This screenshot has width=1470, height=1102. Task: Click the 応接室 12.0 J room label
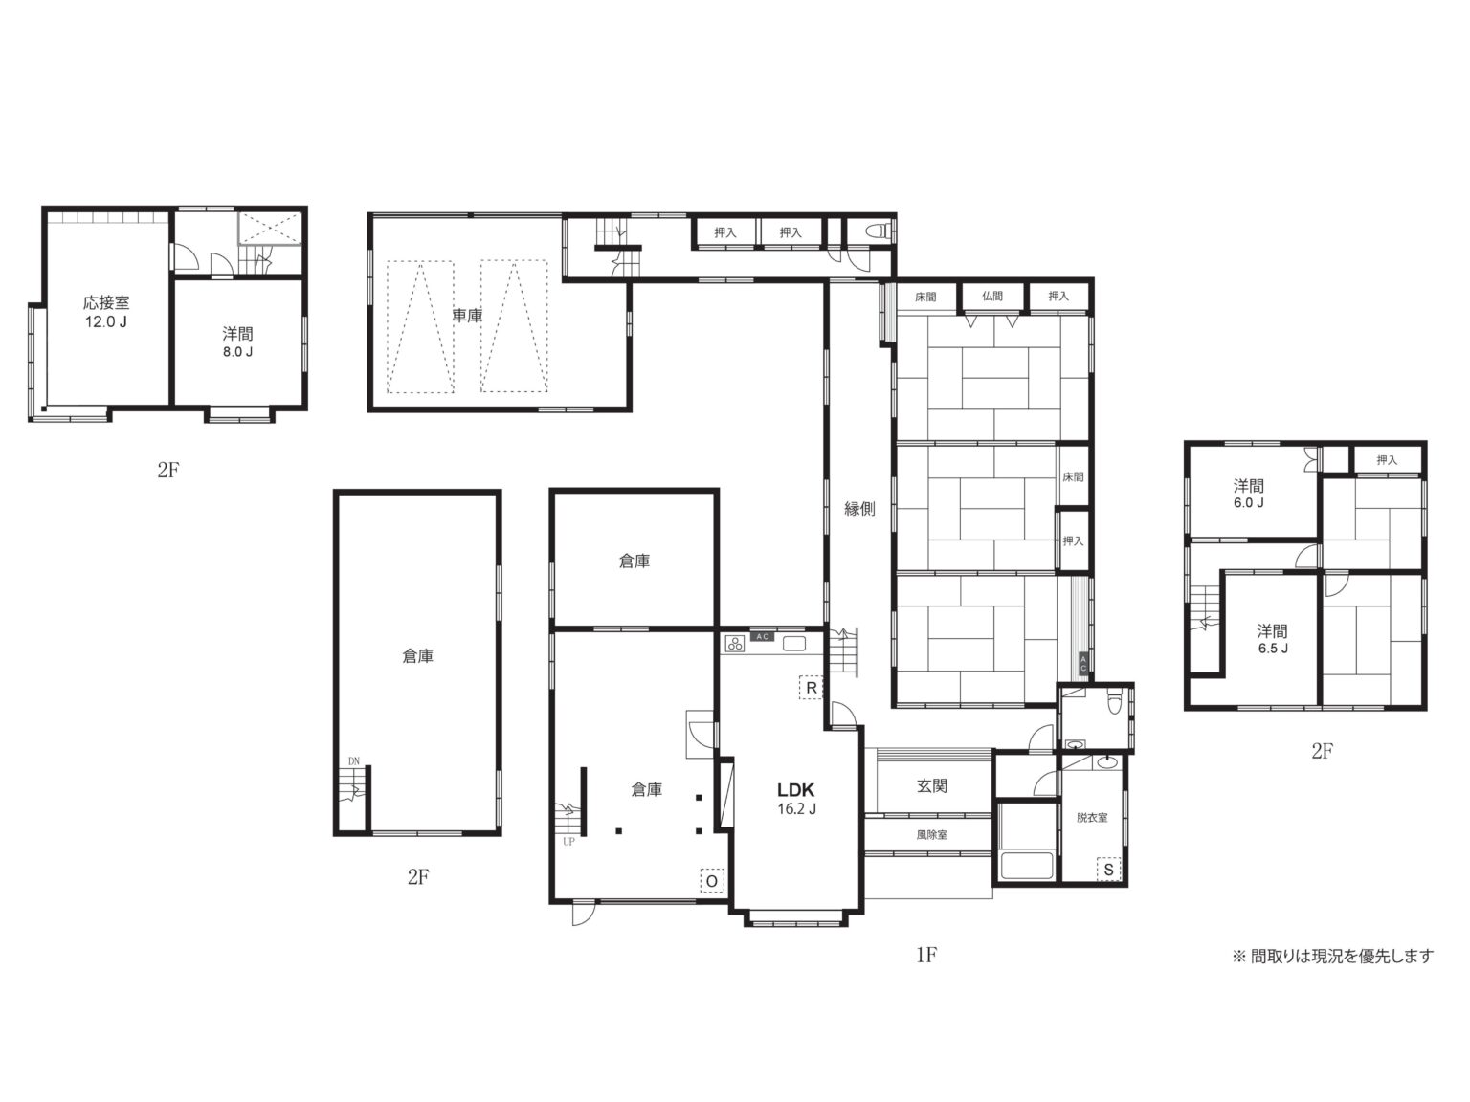pos(106,312)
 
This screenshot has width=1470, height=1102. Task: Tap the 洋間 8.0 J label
pos(237,342)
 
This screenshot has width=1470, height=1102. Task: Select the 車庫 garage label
pos(467,315)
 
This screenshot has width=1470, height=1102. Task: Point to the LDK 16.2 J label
pos(796,798)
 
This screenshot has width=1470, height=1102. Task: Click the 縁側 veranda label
pos(859,509)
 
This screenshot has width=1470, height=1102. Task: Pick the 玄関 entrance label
pos(931,785)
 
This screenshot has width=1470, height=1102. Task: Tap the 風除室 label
pos(931,835)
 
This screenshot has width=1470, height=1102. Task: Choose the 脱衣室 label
pos(1092,817)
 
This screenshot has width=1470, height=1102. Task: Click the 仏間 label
pos(992,296)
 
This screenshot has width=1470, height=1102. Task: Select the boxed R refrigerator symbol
pos(811,687)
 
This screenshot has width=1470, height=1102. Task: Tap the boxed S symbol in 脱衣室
pos(1108,870)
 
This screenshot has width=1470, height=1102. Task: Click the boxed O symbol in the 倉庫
pos(712,880)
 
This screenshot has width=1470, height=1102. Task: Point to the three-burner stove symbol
pos(735,645)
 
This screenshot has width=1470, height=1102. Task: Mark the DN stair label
pos(353,761)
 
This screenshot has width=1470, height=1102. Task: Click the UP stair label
pos(568,842)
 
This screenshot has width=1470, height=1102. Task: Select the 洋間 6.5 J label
pos(1272,639)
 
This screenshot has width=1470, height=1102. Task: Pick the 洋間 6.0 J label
pos(1248,493)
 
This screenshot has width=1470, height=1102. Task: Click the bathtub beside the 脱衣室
pos(1026,866)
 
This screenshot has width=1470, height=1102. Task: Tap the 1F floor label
pos(926,955)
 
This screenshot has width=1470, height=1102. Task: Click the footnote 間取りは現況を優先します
pos(1342,957)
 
